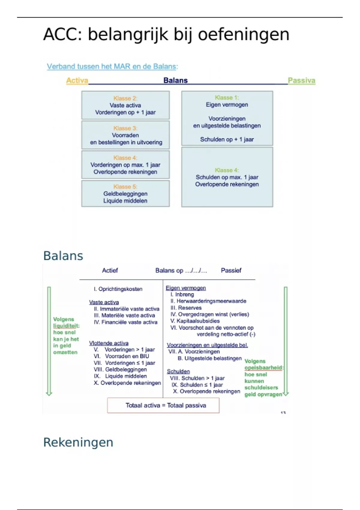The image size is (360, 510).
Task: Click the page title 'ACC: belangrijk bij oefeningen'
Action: pyautogui.click(x=166, y=34)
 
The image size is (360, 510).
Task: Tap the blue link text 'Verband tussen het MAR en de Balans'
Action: pyautogui.click(x=111, y=66)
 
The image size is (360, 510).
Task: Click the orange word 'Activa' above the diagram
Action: pyautogui.click(x=77, y=80)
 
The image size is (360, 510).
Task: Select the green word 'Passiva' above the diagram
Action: pyautogui.click(x=301, y=80)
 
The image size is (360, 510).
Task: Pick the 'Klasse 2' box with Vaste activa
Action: pyautogui.click(x=125, y=105)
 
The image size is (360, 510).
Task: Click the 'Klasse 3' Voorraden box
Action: pyautogui.click(x=125, y=135)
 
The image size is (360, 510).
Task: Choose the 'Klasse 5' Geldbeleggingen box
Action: pyautogui.click(x=125, y=193)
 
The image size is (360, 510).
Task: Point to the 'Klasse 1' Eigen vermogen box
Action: pyautogui.click(x=227, y=118)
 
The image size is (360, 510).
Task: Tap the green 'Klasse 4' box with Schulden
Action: pyautogui.click(x=227, y=177)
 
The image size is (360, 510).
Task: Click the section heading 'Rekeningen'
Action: pyautogui.click(x=78, y=442)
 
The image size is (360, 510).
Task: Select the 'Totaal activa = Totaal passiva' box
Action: pyautogui.click(x=163, y=405)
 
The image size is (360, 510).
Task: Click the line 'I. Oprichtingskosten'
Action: pyautogui.click(x=118, y=289)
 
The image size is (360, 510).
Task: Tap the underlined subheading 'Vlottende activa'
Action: pyautogui.click(x=109, y=343)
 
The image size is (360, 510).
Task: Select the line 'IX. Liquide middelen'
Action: pyautogui.click(x=120, y=376)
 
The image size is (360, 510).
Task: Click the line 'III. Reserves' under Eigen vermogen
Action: pyautogui.click(x=186, y=308)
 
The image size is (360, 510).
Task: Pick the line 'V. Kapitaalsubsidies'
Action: pyautogui.click(x=195, y=321)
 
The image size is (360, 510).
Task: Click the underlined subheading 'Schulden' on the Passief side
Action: pyautogui.click(x=178, y=371)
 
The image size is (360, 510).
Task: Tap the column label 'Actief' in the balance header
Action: pyautogui.click(x=110, y=270)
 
